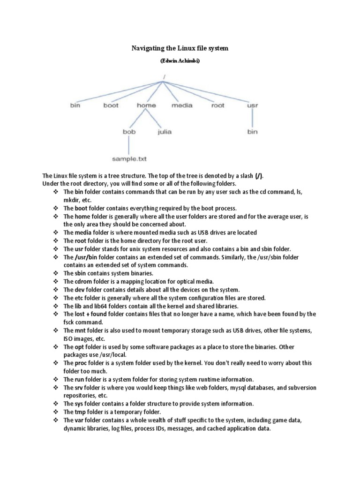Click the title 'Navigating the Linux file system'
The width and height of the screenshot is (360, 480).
coord(179,48)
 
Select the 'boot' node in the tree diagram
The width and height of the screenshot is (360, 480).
coord(111,105)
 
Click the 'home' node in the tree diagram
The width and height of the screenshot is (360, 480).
coord(146,105)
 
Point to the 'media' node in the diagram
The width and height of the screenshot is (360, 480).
coord(182,105)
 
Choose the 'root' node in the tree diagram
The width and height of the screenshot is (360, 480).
coord(218,105)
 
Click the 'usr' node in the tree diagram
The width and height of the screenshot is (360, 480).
coord(252,105)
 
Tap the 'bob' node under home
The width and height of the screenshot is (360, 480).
coord(129,132)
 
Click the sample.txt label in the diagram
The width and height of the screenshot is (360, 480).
coord(129,159)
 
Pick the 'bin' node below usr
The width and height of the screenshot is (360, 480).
coord(252,132)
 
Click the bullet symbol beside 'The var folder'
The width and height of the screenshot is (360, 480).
coord(55,420)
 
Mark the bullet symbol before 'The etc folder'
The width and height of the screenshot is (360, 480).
coord(55,298)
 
